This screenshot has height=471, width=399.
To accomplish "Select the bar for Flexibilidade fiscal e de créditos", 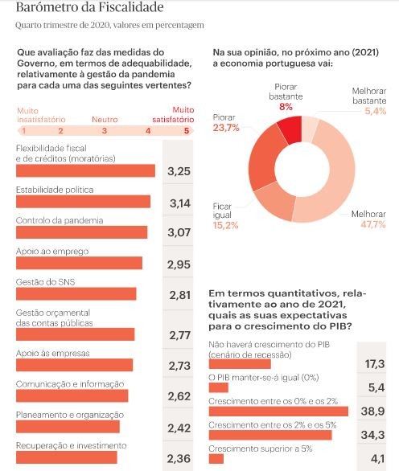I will pyautogui.click(x=85, y=170).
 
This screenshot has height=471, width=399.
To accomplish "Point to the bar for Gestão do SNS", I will pyautogui.click(x=76, y=293).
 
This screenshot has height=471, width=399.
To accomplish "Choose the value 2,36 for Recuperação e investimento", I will pyautogui.click(x=178, y=459).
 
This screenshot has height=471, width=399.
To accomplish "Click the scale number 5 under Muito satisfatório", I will pyautogui.click(x=187, y=130).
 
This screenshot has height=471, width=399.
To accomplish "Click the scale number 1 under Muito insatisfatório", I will pyautogui.click(x=24, y=130).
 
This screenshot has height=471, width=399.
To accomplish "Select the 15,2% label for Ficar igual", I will pyautogui.click(x=225, y=225).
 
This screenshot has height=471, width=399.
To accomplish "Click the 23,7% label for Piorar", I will pyautogui.click(x=225, y=127).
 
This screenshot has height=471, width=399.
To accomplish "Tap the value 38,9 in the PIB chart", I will pyautogui.click(x=375, y=410).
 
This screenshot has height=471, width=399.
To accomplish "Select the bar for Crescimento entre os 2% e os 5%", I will pyautogui.click(x=269, y=435).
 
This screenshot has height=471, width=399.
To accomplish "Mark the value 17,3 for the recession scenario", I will pyautogui.click(x=375, y=363).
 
